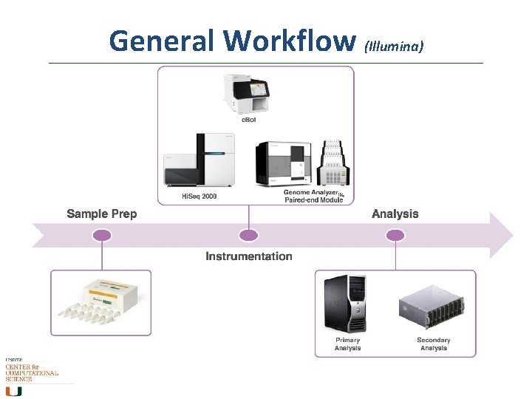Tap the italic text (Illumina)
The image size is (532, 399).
point(394,46)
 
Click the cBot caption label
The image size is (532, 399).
point(250,120)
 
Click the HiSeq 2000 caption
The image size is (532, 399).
point(199,197)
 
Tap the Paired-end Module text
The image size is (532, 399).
point(314,200)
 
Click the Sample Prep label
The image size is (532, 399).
point(101,214)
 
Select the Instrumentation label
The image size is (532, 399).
point(248,256)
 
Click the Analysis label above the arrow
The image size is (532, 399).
point(395,214)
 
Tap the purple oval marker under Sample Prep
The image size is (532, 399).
point(102,236)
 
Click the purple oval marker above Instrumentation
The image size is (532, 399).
point(249,236)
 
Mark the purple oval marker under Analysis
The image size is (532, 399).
point(395,236)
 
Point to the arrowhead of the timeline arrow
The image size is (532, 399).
point(502,236)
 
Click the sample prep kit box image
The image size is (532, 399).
point(100,301)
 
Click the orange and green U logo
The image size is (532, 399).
point(14,390)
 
